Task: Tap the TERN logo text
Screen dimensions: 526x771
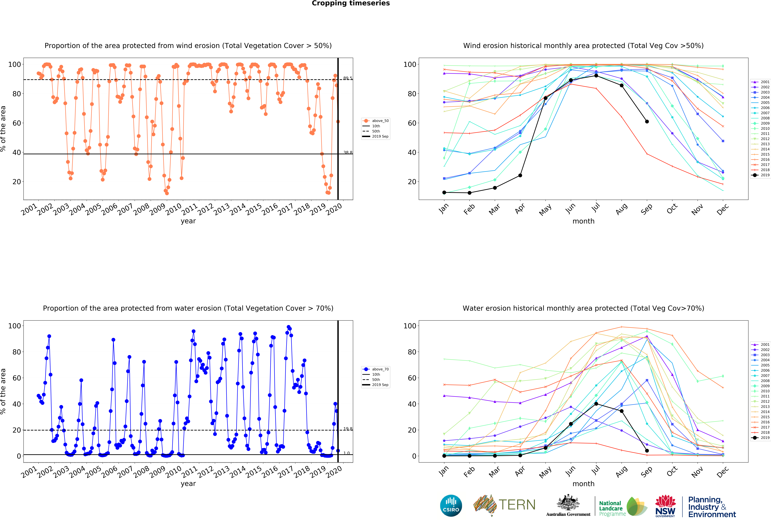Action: tap(517, 505)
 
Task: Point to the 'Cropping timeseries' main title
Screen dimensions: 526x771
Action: tap(351, 3)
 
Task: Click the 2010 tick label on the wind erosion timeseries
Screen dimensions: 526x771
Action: tap(173, 209)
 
